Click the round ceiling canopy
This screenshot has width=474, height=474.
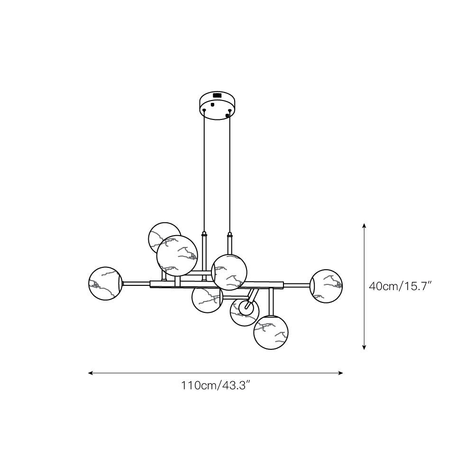(217, 105)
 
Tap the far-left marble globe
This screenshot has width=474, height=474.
(106, 283)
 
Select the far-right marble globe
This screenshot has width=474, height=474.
(326, 286)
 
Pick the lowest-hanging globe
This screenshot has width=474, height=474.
(271, 332)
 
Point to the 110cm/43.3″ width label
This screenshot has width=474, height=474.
(216, 385)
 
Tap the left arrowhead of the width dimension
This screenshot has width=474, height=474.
(90, 373)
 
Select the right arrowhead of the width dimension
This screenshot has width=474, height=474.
(341, 373)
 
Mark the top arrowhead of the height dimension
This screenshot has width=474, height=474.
(364, 225)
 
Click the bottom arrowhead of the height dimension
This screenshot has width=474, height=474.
(364, 347)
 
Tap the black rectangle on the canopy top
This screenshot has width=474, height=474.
(217, 95)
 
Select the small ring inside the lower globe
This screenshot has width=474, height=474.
(246, 309)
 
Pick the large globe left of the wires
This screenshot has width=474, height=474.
(177, 255)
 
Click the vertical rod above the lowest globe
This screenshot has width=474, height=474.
(271, 301)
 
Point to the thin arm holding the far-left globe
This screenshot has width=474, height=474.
(137, 283)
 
